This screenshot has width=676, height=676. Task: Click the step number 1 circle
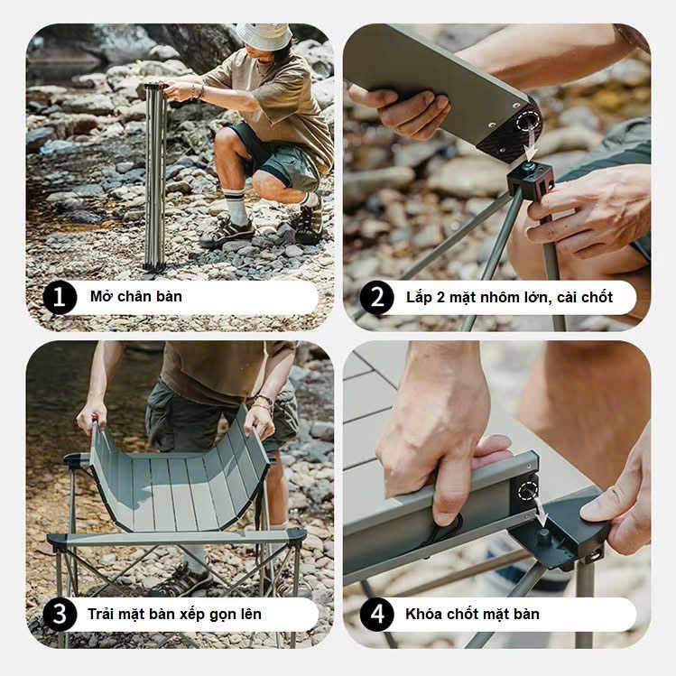[x=60, y=297]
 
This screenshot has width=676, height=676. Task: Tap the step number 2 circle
[x=376, y=297]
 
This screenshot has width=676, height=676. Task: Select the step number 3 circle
[x=60, y=615]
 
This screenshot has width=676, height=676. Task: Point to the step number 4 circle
[x=376, y=615]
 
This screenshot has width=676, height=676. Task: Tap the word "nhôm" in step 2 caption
[x=493, y=297]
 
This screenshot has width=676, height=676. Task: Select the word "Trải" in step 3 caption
[x=101, y=614]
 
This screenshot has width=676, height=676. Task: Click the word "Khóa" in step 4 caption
[x=424, y=614]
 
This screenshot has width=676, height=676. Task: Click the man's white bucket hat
[x=264, y=36]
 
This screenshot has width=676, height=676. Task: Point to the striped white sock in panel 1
[x=236, y=207]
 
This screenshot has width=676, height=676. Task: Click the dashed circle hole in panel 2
[x=529, y=122]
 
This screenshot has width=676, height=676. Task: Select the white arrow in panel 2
[x=531, y=150]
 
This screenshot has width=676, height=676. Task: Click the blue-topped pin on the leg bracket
[x=529, y=166]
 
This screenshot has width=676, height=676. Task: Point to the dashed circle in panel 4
[x=528, y=491]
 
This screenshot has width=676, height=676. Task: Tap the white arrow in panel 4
[x=541, y=512]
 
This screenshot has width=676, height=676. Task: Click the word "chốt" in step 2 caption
[x=597, y=297]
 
